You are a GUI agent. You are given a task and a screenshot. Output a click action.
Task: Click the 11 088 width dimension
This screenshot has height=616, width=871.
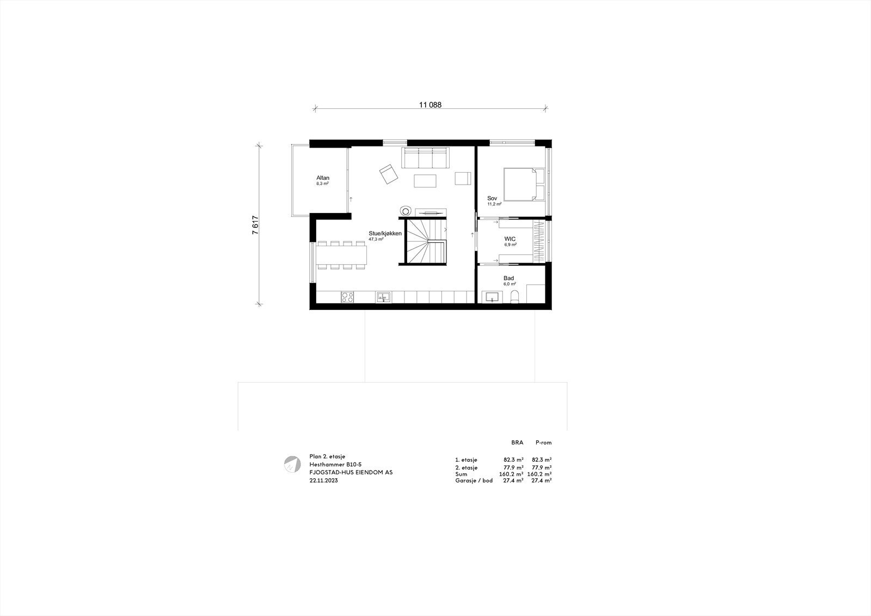click(430, 106)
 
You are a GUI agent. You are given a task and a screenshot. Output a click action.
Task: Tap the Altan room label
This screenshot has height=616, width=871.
click(323, 178)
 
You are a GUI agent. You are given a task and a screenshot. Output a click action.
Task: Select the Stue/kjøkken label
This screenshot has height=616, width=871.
click(385, 233)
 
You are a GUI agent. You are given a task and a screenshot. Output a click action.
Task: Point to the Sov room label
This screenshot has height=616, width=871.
click(492, 198)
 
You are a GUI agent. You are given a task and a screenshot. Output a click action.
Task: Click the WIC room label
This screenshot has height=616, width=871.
click(510, 239)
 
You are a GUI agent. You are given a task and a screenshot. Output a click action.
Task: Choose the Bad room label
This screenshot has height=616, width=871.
click(508, 278)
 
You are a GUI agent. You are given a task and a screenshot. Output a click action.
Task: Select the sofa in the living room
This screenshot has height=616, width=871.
click(425, 158)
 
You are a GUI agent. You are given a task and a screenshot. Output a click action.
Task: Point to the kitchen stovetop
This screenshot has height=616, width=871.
click(347, 297)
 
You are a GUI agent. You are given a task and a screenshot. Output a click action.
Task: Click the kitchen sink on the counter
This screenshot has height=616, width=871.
click(383, 297)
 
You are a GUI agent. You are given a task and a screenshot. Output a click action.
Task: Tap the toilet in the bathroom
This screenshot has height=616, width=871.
click(514, 296)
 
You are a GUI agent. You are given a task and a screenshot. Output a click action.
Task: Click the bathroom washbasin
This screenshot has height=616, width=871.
click(493, 297)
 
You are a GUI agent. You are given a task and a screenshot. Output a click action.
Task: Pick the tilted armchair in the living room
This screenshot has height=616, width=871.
click(389, 175)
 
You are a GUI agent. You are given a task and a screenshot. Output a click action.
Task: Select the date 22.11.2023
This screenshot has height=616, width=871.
click(323, 481)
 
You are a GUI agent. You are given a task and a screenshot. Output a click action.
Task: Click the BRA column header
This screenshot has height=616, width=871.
click(517, 443)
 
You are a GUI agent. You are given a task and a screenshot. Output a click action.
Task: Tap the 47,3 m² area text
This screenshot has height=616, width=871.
click(376, 240)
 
